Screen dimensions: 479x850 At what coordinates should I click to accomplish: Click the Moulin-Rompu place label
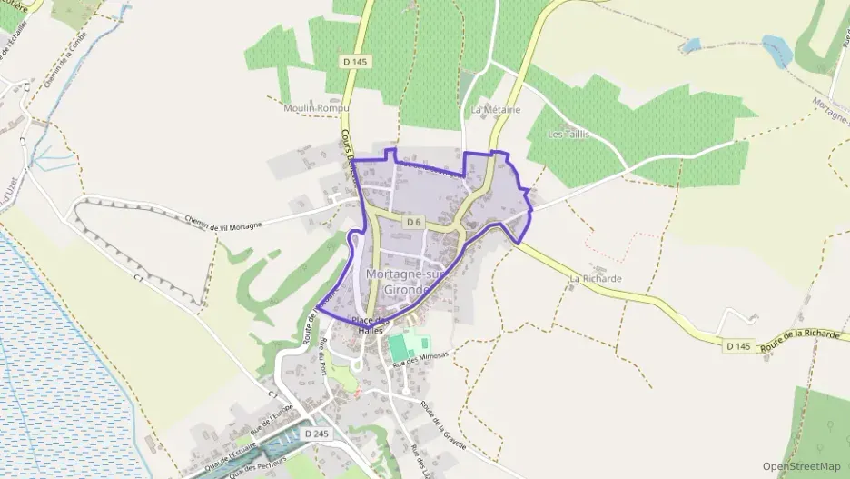[x=309, y=109]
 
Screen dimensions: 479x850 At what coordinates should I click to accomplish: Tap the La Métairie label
[x=496, y=109]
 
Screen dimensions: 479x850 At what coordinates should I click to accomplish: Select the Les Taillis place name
[x=568, y=134]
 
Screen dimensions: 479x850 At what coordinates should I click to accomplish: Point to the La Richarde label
[x=595, y=278]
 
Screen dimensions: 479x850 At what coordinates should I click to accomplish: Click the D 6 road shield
[x=413, y=222]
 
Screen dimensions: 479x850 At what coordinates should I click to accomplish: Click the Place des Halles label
[x=371, y=325]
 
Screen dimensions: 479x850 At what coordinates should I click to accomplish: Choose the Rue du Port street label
[x=327, y=356]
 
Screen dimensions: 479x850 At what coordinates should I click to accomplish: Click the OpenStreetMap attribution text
[x=802, y=466]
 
